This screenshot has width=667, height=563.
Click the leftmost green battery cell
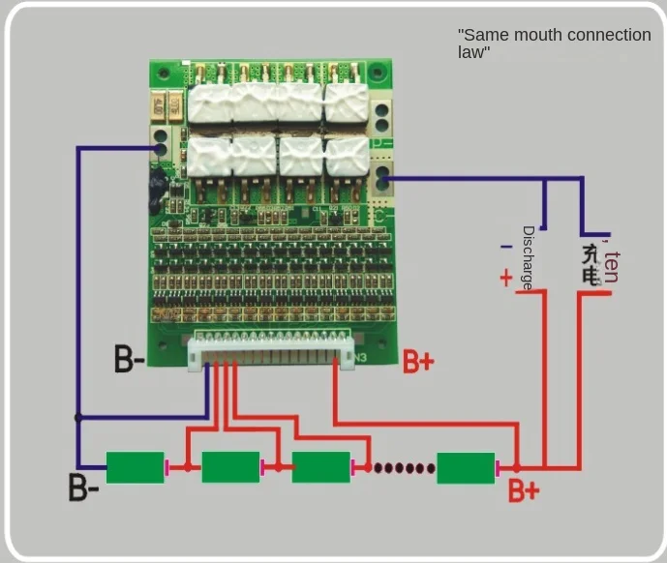135,467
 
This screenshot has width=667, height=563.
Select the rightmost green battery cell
466,467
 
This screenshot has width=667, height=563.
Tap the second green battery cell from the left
230,467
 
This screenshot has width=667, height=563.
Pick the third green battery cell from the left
320,467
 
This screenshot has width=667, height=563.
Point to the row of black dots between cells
405,468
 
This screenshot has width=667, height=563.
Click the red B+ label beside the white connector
418,363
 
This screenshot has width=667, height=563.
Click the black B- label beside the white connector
130,360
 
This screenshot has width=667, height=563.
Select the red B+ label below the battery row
524,491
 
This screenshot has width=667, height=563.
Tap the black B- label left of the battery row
83,487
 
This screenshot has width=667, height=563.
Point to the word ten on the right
611,267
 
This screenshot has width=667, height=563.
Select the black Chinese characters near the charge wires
591,264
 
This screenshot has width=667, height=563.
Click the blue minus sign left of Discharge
506,248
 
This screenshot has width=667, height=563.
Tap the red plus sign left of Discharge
505,279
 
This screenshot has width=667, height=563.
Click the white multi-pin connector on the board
271,350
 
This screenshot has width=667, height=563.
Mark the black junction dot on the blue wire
78,418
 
